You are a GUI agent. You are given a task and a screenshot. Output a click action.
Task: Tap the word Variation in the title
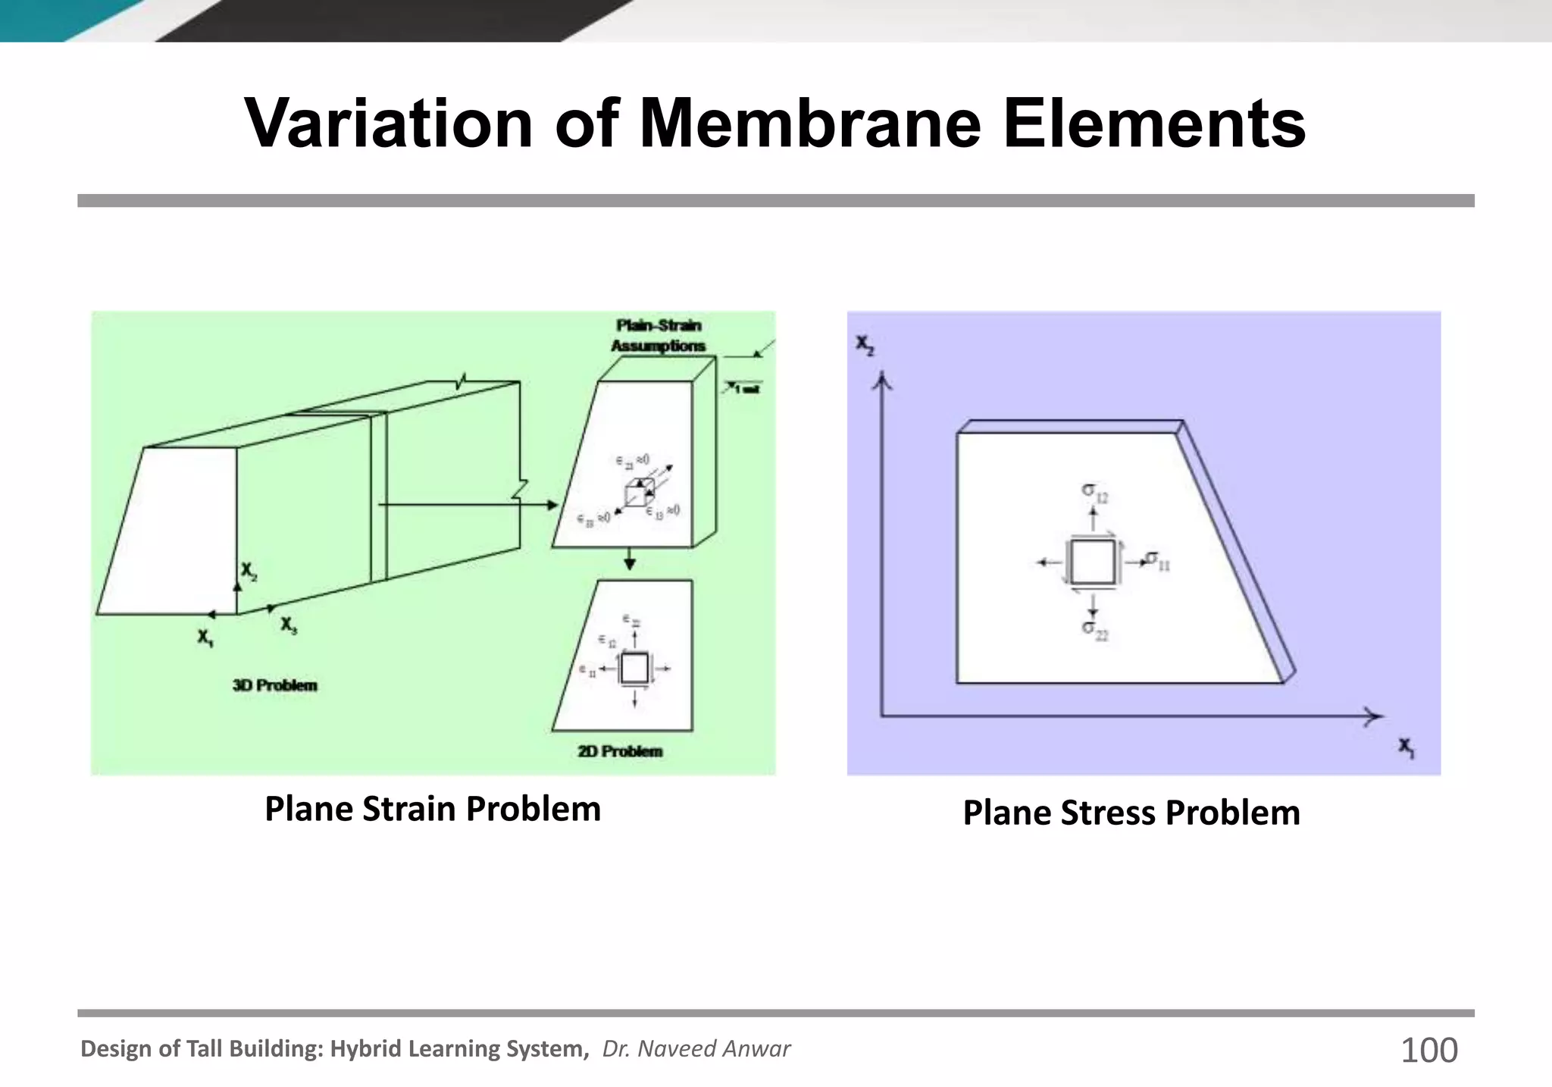389,124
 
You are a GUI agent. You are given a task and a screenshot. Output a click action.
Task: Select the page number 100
1428,1051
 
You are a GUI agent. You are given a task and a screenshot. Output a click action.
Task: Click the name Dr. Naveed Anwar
696,1048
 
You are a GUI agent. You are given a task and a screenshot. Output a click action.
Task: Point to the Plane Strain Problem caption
432,809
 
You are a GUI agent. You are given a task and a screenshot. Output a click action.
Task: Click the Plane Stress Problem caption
1131,813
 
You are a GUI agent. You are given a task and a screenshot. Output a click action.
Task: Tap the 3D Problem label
274,685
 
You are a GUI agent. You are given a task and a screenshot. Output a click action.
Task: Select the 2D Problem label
620,751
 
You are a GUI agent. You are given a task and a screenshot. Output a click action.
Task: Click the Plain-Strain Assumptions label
658,335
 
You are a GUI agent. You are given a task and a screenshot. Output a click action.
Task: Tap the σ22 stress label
1094,629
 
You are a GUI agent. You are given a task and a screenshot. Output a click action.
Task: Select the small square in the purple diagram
1092,562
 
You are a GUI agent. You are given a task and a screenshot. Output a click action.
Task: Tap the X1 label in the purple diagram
1406,747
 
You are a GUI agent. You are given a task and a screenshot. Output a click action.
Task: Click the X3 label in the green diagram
289,625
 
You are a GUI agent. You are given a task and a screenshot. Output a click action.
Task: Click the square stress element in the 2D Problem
634,669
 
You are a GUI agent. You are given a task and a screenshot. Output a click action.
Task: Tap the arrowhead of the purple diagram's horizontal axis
1373,716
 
